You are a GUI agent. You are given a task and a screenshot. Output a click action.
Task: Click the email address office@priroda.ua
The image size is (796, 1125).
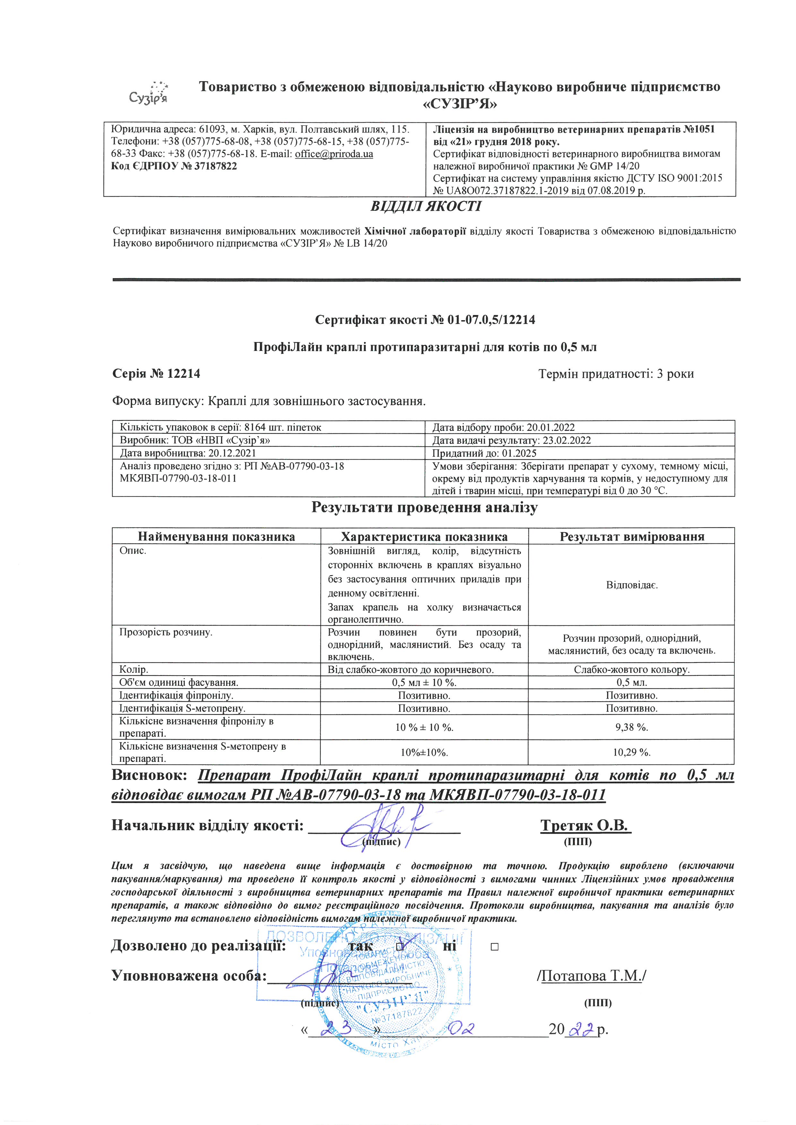pyautogui.click(x=334, y=154)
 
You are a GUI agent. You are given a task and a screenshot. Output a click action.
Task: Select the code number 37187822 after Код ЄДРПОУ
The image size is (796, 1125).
pyautogui.click(x=216, y=166)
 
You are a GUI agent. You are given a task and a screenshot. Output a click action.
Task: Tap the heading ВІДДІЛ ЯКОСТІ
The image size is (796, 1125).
pyautogui.click(x=426, y=206)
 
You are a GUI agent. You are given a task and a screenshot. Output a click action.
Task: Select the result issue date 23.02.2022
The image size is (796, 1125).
pyautogui.click(x=567, y=440)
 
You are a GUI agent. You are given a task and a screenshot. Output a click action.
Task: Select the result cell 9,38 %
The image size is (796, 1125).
pyautogui.click(x=632, y=727)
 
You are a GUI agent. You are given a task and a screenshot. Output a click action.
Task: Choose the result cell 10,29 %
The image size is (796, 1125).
pyautogui.click(x=632, y=752)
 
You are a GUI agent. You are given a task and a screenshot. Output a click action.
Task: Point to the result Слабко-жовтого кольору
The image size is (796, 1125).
pyautogui.click(x=632, y=669)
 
